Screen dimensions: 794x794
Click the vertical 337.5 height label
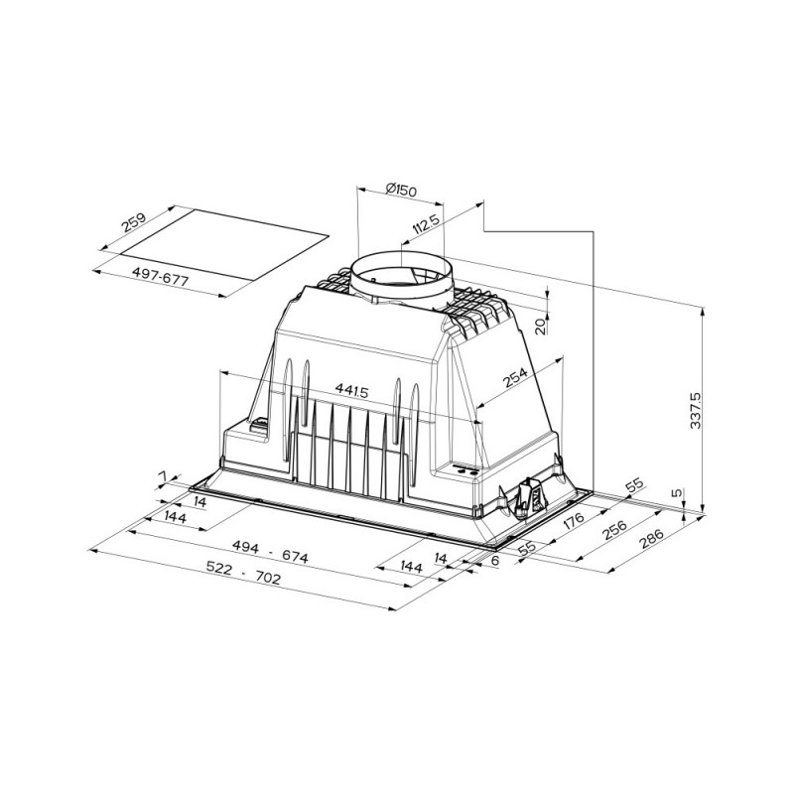point(696,410)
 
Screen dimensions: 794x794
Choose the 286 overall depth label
point(652,540)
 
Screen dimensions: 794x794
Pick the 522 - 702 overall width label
point(237,578)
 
